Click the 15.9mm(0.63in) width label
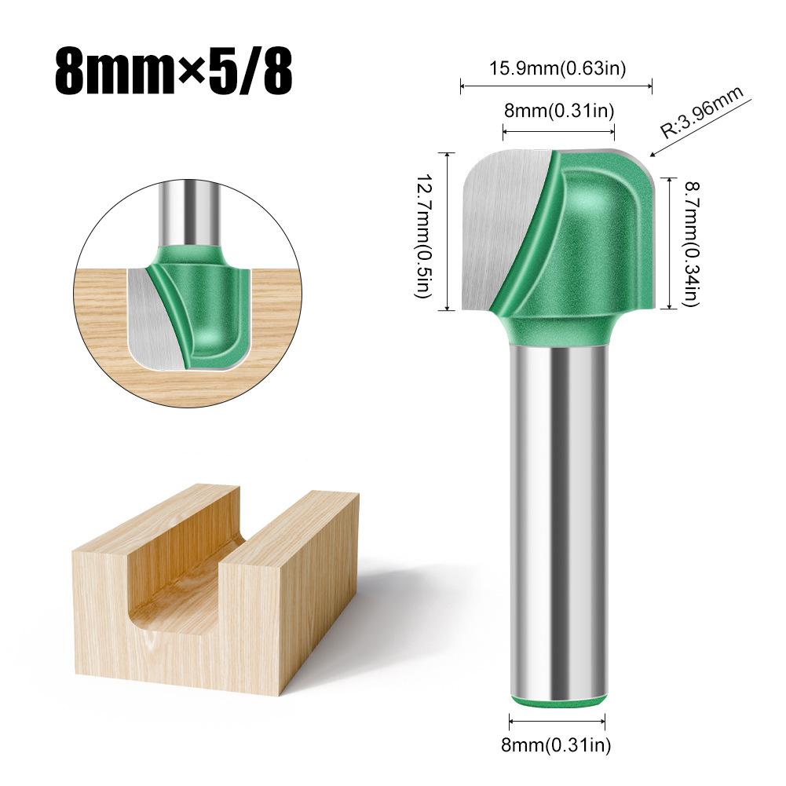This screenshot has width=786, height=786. pyautogui.click(x=557, y=69)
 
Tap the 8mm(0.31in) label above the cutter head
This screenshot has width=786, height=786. pyautogui.click(x=558, y=111)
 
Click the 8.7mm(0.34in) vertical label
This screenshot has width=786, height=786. pyautogui.click(x=691, y=243)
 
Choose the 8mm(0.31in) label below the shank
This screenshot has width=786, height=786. pyautogui.click(x=557, y=744)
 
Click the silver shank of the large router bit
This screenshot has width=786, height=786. pyautogui.click(x=558, y=518)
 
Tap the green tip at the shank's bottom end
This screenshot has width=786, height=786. pyautogui.click(x=558, y=701)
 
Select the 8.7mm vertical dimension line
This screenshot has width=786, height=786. pyautogui.click(x=669, y=243)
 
